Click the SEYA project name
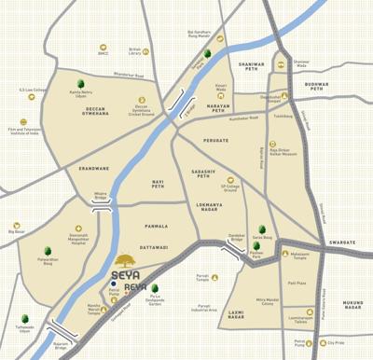(x=125, y=274)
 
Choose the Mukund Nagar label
(x=352, y=306)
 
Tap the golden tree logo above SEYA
(x=125, y=259)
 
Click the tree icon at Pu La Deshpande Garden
(x=154, y=289)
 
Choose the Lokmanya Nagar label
(x=209, y=205)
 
